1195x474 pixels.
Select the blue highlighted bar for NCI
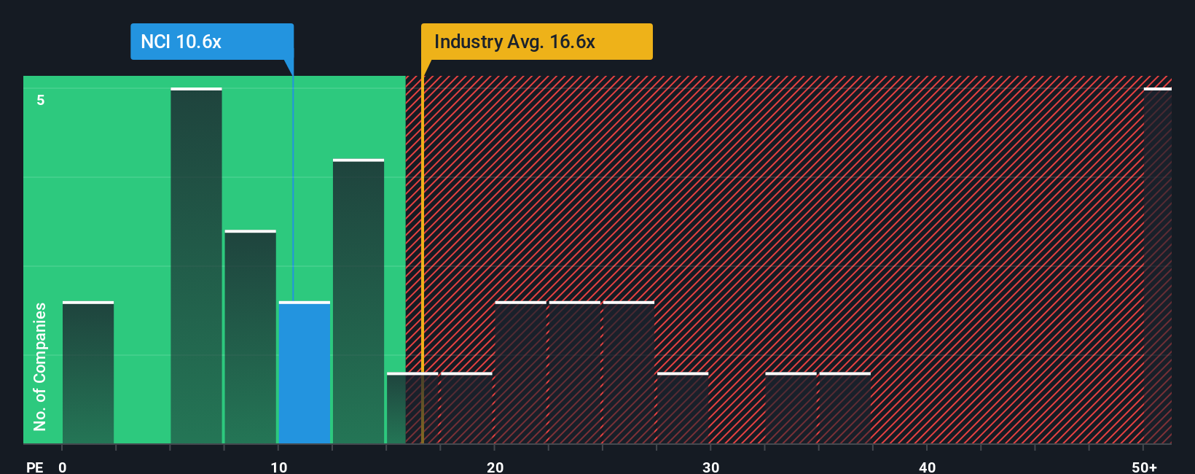(x=305, y=372)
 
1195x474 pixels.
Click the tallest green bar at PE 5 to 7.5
(x=196, y=266)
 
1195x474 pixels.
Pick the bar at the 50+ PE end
(x=1157, y=266)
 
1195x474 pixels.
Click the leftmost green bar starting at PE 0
(x=88, y=372)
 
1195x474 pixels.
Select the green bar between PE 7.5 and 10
(x=250, y=337)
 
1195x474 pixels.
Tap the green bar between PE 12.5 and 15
(x=358, y=301)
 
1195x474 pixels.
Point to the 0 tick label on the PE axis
(x=63, y=467)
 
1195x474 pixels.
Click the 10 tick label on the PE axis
(x=278, y=467)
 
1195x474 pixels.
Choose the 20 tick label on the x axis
(x=495, y=467)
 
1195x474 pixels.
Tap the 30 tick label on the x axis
(x=710, y=467)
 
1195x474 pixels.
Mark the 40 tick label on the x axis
(x=927, y=467)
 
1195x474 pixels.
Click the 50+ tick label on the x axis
(x=1144, y=467)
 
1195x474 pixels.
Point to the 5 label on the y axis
(x=41, y=100)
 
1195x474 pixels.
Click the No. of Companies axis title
(x=40, y=366)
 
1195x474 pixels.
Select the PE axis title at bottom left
(x=34, y=467)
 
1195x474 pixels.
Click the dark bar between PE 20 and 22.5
(x=520, y=372)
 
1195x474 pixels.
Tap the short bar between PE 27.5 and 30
(x=683, y=408)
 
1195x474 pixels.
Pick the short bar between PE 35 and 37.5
(x=845, y=408)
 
